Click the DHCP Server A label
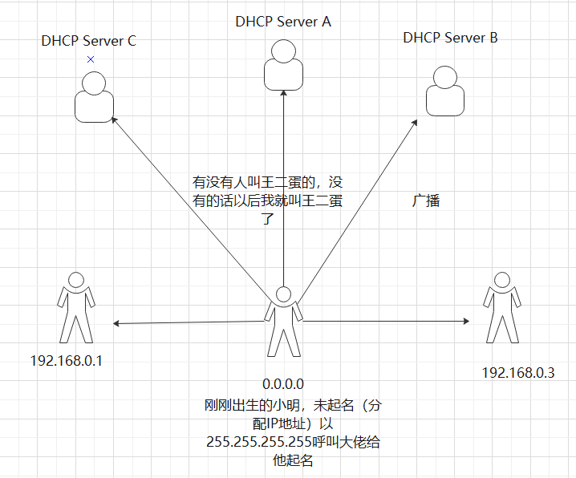coord(283,22)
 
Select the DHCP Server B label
coord(450,37)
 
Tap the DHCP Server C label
coord(88,41)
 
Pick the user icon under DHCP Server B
coord(445,91)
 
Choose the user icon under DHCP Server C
coord(95,96)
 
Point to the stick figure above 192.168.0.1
coord(76,307)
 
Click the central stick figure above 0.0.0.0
coord(282,321)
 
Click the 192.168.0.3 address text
coord(518,372)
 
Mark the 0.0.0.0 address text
coord(283,385)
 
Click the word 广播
coord(426,201)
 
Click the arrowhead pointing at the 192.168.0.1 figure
coord(117,323)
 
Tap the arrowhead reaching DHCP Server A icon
coord(283,93)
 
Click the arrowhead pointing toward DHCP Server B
coord(415,123)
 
